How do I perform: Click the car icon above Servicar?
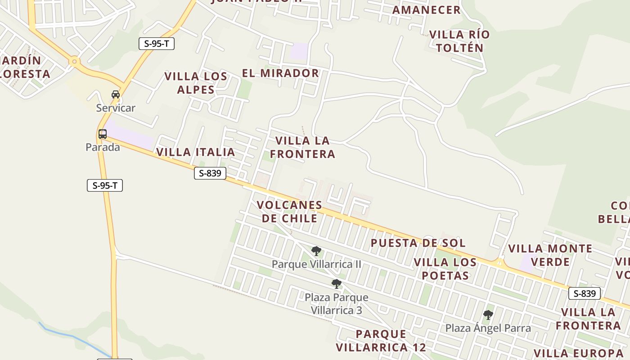116,94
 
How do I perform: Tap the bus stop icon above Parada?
103,134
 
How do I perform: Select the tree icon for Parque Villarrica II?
316,251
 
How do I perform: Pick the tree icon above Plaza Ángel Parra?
488,315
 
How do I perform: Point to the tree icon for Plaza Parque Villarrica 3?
336,284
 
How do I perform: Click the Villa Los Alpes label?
196,83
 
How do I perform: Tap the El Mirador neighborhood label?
280,73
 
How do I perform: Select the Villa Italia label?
195,152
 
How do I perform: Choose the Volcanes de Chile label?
289,211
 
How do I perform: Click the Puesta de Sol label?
418,243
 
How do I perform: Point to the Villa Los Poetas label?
445,269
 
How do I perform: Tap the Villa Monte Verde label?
550,255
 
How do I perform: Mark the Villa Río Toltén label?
459,41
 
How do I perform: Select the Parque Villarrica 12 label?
381,341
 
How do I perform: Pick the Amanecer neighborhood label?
427,10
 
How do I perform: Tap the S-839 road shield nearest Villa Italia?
210,173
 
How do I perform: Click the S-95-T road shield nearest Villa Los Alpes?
156,44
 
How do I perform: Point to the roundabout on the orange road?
74,61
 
